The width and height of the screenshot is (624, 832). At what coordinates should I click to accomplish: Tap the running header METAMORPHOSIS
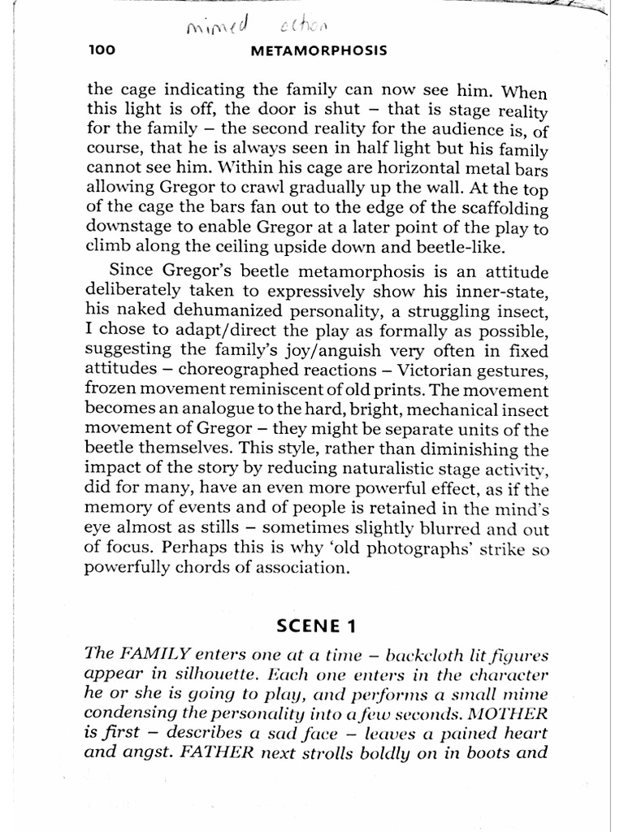pos(318,50)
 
